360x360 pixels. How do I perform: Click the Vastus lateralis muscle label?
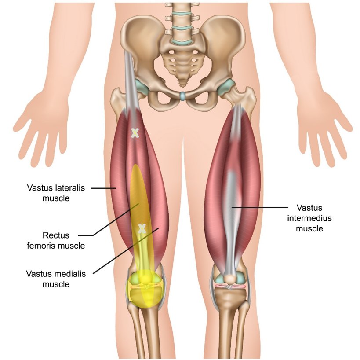[x=56, y=193]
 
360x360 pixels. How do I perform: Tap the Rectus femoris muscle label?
[x=56, y=240]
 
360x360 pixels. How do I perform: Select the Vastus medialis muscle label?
[x=56, y=279]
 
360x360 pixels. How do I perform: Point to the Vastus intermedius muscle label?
[x=309, y=218]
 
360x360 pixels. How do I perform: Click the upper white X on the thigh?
[x=135, y=133]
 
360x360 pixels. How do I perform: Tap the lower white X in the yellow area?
[x=142, y=229]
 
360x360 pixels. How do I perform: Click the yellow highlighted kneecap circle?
[x=145, y=289]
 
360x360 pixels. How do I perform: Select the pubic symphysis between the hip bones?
[x=182, y=96]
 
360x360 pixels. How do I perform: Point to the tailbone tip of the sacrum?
[x=182, y=85]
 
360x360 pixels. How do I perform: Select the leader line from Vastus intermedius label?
[x=260, y=207]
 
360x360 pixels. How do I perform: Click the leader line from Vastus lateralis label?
[x=103, y=188]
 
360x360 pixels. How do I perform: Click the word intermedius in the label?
[x=309, y=218]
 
